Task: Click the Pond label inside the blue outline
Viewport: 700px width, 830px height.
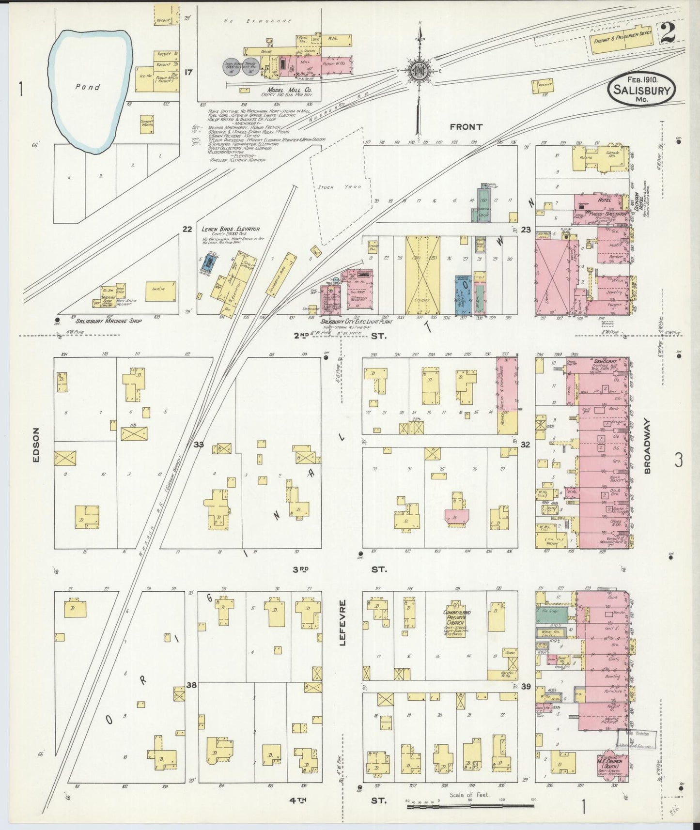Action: (88, 87)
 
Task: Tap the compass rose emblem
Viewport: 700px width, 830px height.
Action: (418, 71)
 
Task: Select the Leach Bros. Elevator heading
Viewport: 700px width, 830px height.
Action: (230, 229)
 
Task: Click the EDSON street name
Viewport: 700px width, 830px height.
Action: (36, 445)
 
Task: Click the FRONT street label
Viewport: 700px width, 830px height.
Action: (466, 127)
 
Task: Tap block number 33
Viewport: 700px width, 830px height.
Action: (199, 444)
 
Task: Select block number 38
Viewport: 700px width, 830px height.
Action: (192, 685)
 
